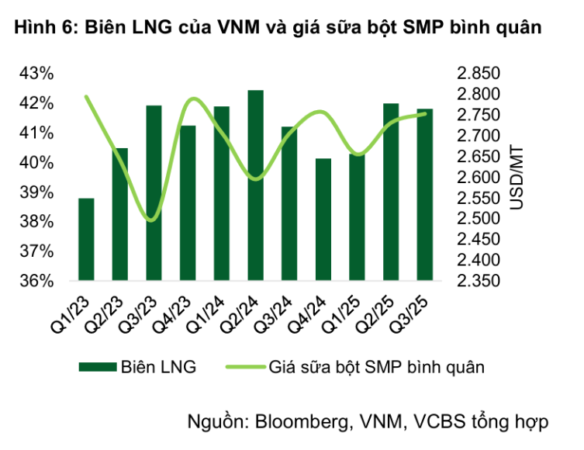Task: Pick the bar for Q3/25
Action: (x=424, y=194)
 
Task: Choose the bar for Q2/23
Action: (x=120, y=213)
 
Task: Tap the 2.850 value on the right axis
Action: (x=478, y=74)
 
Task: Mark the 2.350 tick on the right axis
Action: (x=478, y=280)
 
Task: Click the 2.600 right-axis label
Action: (x=478, y=177)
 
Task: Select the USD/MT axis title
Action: (x=517, y=177)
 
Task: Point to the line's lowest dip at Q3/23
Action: (x=151, y=220)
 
